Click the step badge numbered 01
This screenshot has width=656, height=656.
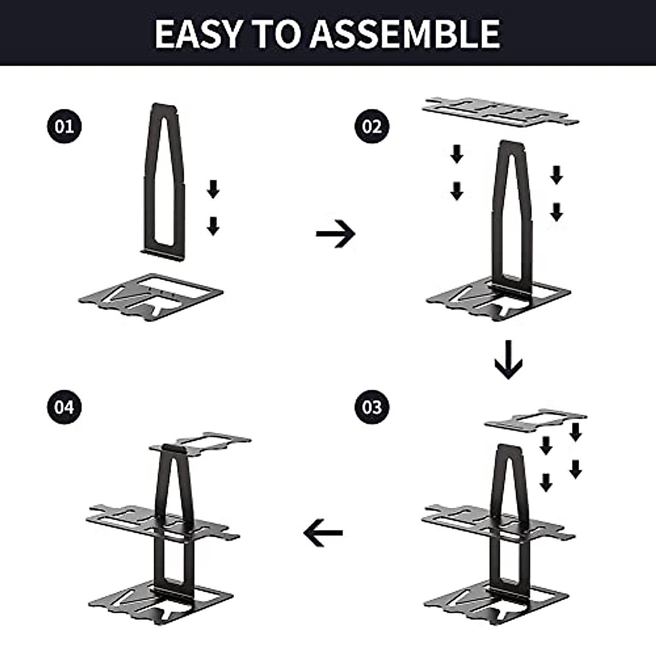coord(64,127)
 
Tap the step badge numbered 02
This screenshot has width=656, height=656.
coord(372,127)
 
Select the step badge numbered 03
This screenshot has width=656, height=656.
coord(372,407)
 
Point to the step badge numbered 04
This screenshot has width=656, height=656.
coord(64,407)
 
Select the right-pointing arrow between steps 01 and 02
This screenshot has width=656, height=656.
coord(336,234)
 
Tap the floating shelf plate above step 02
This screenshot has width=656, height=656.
coord(500,112)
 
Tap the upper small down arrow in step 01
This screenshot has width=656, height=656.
coord(213,190)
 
